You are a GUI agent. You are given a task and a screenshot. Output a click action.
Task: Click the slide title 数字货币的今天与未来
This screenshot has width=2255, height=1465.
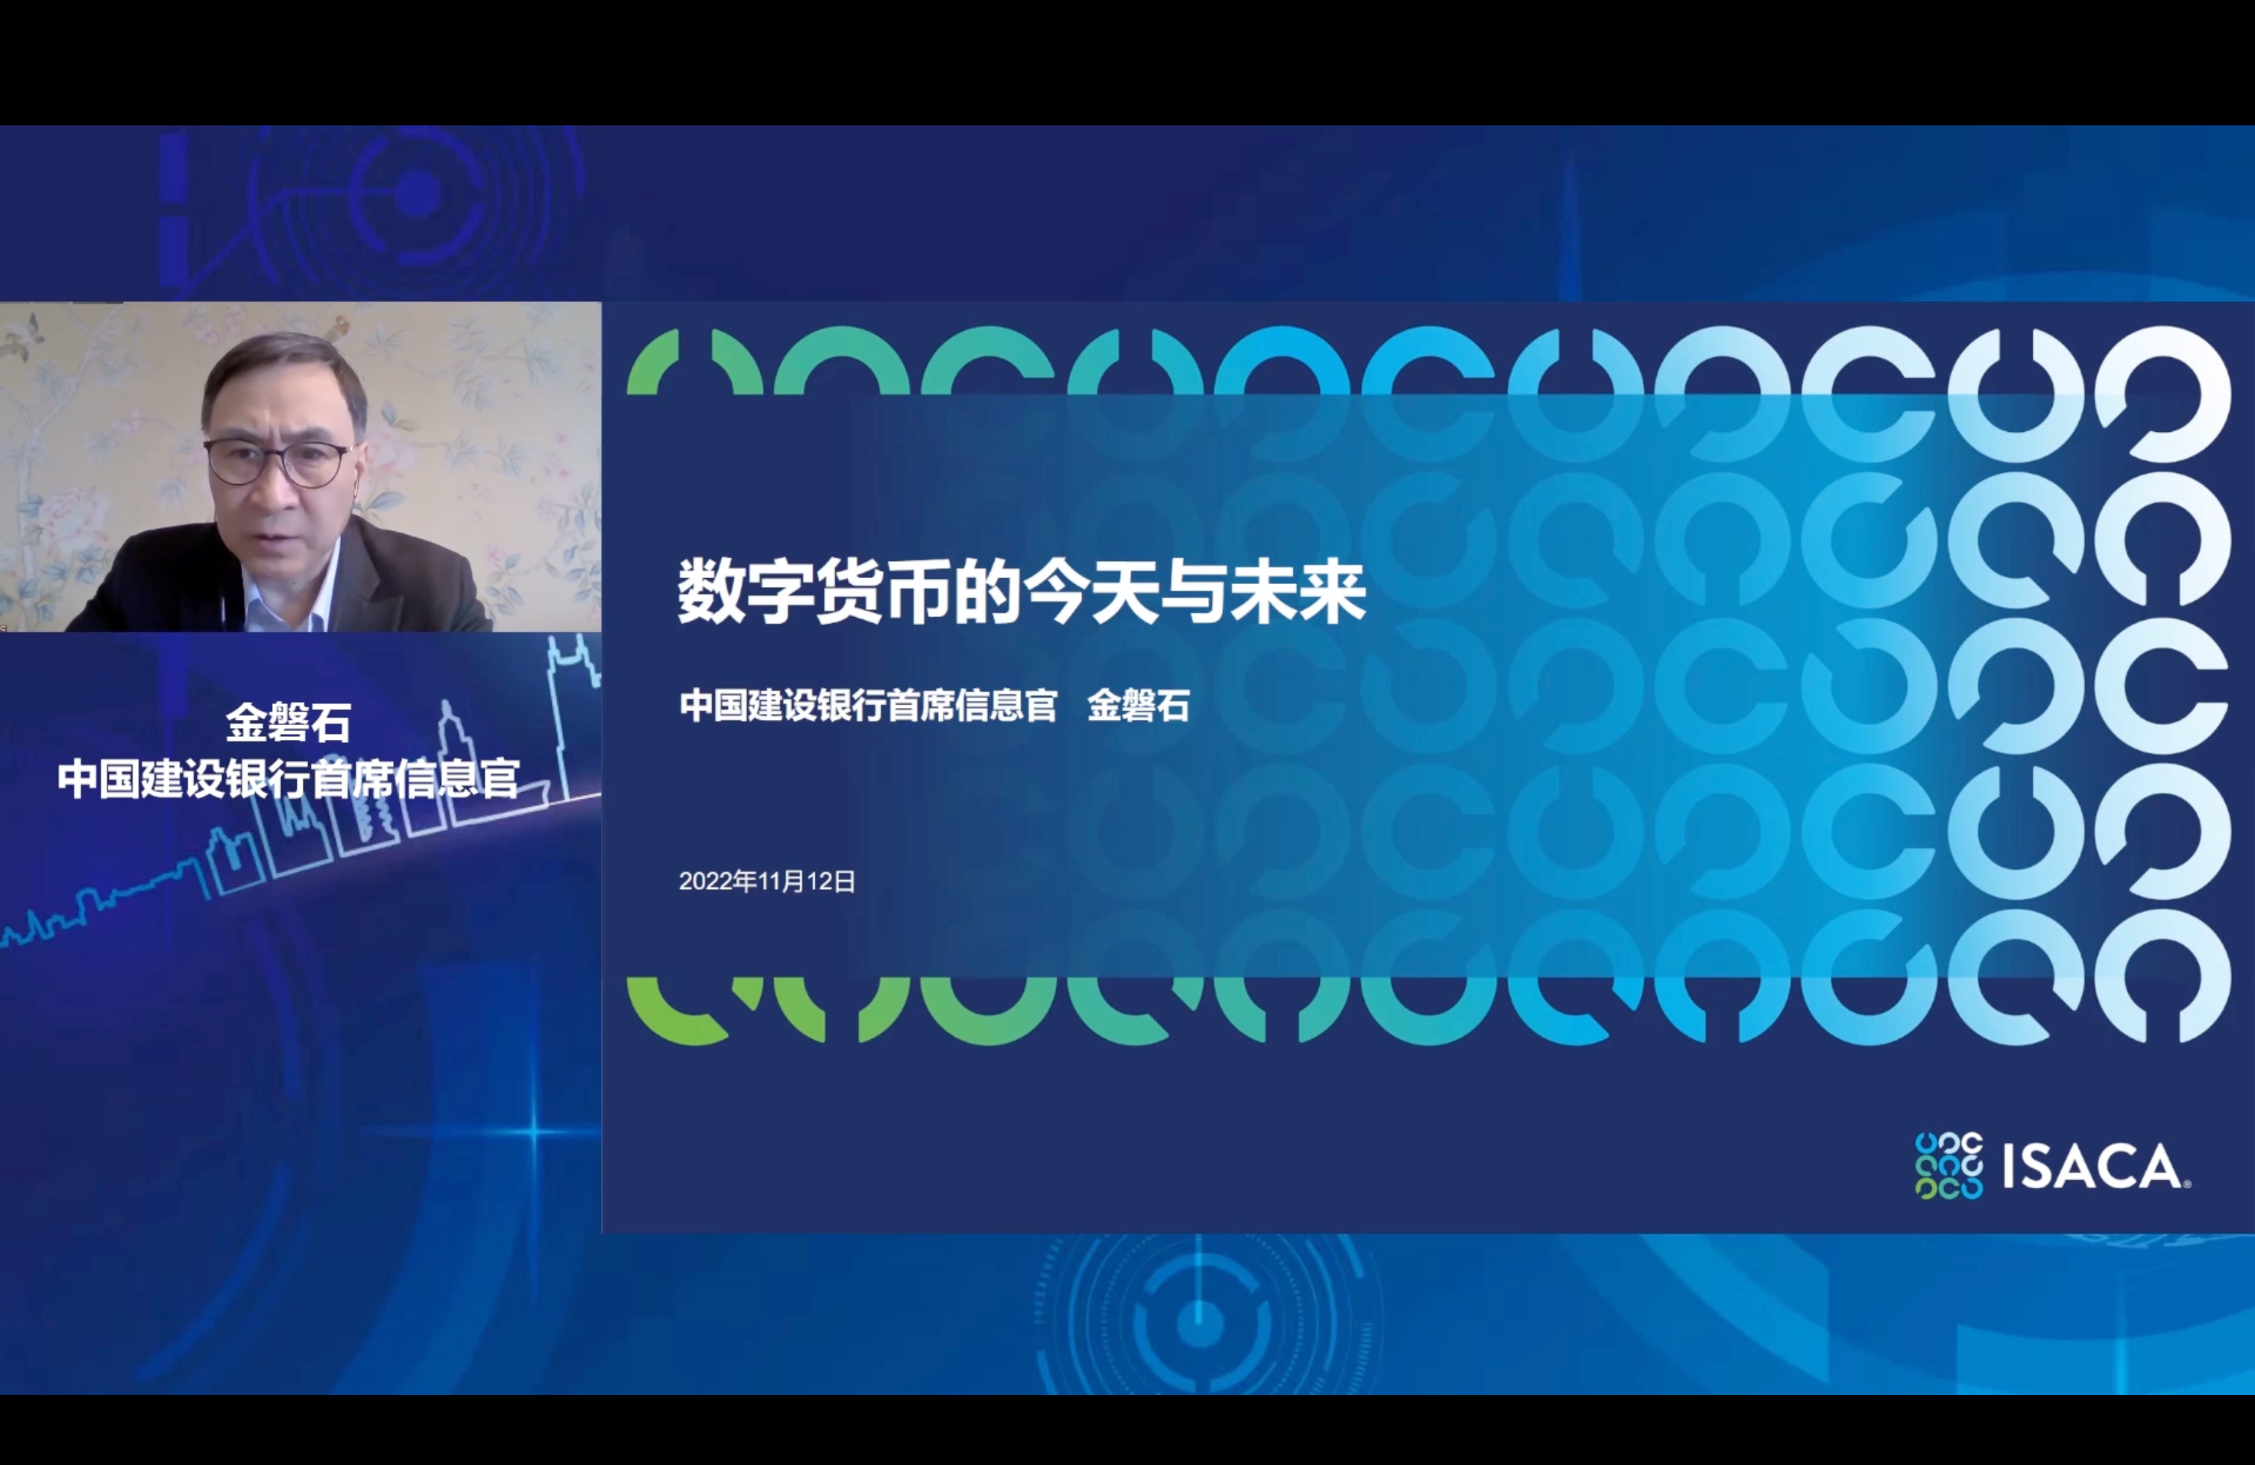(1022, 593)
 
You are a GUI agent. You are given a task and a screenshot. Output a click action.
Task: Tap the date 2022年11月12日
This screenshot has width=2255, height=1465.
(767, 881)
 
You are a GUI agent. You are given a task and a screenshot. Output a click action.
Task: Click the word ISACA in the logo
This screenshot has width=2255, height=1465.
(2095, 1167)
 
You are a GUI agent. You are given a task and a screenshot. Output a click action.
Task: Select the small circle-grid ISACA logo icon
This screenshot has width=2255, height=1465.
(1948, 1166)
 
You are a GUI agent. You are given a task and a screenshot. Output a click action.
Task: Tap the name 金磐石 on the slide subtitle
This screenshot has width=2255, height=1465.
(1138, 706)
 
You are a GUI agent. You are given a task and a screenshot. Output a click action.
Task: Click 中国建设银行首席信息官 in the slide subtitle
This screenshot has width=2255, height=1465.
(868, 706)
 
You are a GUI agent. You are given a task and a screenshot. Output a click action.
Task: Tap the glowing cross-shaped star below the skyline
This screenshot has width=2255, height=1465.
(533, 1132)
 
